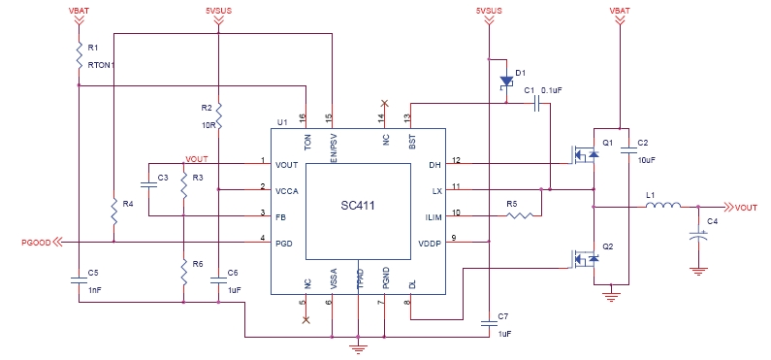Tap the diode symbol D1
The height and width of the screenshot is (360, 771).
click(x=505, y=82)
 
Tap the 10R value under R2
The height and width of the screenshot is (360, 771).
click(x=208, y=125)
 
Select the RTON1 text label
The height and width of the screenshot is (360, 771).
click(x=100, y=65)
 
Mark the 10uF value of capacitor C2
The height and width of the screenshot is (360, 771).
click(x=648, y=159)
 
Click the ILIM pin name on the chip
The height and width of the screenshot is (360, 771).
click(x=434, y=215)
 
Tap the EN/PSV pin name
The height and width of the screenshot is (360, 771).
click(x=332, y=144)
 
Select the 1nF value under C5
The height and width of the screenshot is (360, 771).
click(x=95, y=290)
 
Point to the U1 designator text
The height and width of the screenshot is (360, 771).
click(x=282, y=123)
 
